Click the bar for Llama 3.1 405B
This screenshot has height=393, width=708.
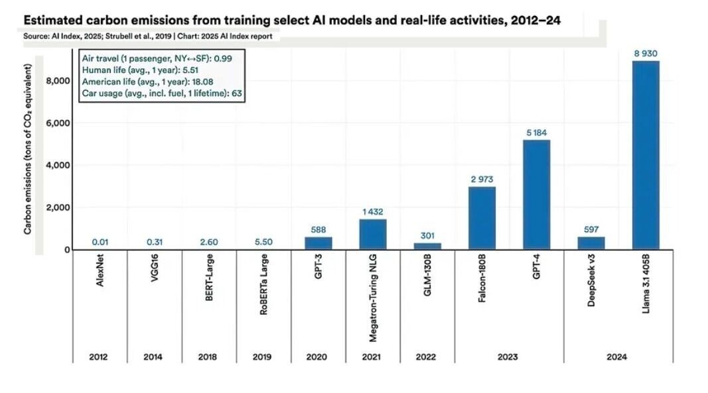click(x=646, y=155)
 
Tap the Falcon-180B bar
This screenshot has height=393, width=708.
click(x=482, y=218)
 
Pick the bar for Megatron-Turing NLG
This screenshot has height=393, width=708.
click(x=373, y=234)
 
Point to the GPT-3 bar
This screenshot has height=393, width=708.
click(x=319, y=243)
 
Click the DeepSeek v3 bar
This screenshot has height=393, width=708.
click(x=591, y=243)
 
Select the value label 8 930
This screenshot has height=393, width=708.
click(x=646, y=53)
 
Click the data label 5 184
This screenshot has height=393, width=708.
click(x=536, y=133)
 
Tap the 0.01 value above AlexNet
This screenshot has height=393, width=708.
click(x=100, y=243)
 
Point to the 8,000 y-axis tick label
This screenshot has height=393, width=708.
click(x=58, y=81)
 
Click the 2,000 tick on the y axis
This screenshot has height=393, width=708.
click(x=58, y=207)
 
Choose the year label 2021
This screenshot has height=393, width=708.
click(x=372, y=357)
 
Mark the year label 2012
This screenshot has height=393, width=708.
click(x=100, y=357)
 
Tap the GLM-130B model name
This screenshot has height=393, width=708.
click(x=428, y=281)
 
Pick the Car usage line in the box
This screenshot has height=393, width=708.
click(x=161, y=93)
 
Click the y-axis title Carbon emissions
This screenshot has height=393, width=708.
click(x=29, y=150)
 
